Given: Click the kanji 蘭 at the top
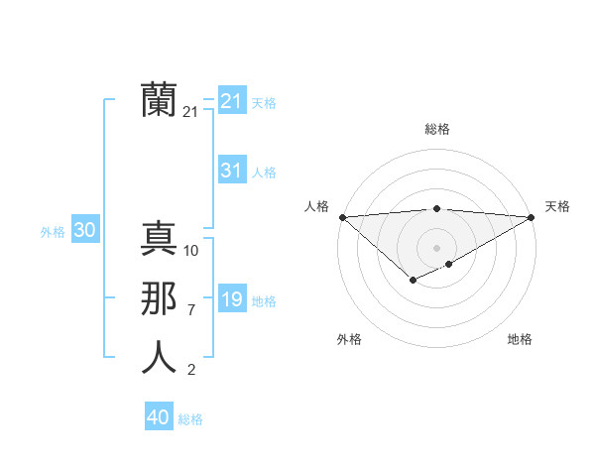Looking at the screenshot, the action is (x=159, y=100).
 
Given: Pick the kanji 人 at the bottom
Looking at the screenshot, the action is (x=159, y=358).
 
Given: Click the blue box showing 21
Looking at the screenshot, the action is (x=231, y=101).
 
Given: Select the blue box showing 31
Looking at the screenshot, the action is (x=231, y=171).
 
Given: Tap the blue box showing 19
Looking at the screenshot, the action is (x=231, y=299).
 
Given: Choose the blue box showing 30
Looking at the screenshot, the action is (x=84, y=231).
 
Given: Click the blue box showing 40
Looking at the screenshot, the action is (x=158, y=417).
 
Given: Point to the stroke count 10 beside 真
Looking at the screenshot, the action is (x=191, y=251).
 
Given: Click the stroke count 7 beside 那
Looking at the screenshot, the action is (x=191, y=310).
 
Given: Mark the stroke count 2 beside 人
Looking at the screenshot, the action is (x=191, y=371).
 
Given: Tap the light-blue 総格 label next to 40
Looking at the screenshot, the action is (x=190, y=419).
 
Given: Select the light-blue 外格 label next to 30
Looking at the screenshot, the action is (x=53, y=232).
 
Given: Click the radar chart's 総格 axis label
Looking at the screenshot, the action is (x=436, y=129).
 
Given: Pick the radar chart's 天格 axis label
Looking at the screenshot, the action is (x=557, y=206).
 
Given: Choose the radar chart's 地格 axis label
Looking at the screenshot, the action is (x=520, y=340).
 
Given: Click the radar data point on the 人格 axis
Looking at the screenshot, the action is (x=342, y=216).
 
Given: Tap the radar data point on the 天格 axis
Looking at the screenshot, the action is (x=531, y=216).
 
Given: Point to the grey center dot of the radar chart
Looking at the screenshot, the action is (x=436, y=247).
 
